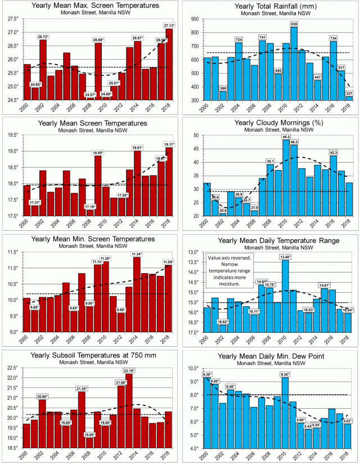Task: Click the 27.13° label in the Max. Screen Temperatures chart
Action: click(169, 26)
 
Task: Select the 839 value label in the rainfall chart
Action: click(294, 24)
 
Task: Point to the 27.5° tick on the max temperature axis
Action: click(12, 19)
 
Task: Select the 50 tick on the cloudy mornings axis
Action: click(193, 135)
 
